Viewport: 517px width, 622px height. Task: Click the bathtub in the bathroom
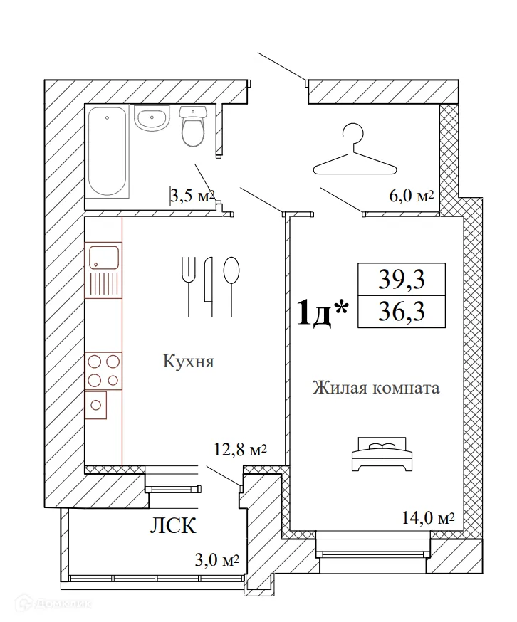[x=108, y=151]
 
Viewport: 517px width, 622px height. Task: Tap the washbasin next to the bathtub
[x=152, y=118]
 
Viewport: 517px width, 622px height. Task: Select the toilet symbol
[x=194, y=126]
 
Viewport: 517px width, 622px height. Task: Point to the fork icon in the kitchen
[x=188, y=286]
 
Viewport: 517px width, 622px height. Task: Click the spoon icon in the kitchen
[x=231, y=286]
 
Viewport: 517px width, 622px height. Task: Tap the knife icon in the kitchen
[x=209, y=286]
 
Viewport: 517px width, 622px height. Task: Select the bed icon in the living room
[x=382, y=454]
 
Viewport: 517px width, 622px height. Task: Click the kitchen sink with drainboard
[x=103, y=270]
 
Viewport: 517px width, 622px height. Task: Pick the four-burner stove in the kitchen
[x=103, y=371]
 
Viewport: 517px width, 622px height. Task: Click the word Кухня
[x=189, y=362]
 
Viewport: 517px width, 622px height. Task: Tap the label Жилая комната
[x=376, y=387]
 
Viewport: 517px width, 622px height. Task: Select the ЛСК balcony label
[x=173, y=526]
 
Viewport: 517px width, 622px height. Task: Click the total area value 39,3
[x=402, y=279]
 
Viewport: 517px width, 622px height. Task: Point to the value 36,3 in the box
[x=402, y=312]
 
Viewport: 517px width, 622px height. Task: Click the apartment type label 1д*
[x=323, y=313]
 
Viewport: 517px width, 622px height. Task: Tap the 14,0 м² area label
[x=429, y=518]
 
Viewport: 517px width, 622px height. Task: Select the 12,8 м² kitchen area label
[x=240, y=450]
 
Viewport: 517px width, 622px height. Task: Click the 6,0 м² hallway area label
[x=412, y=196]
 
